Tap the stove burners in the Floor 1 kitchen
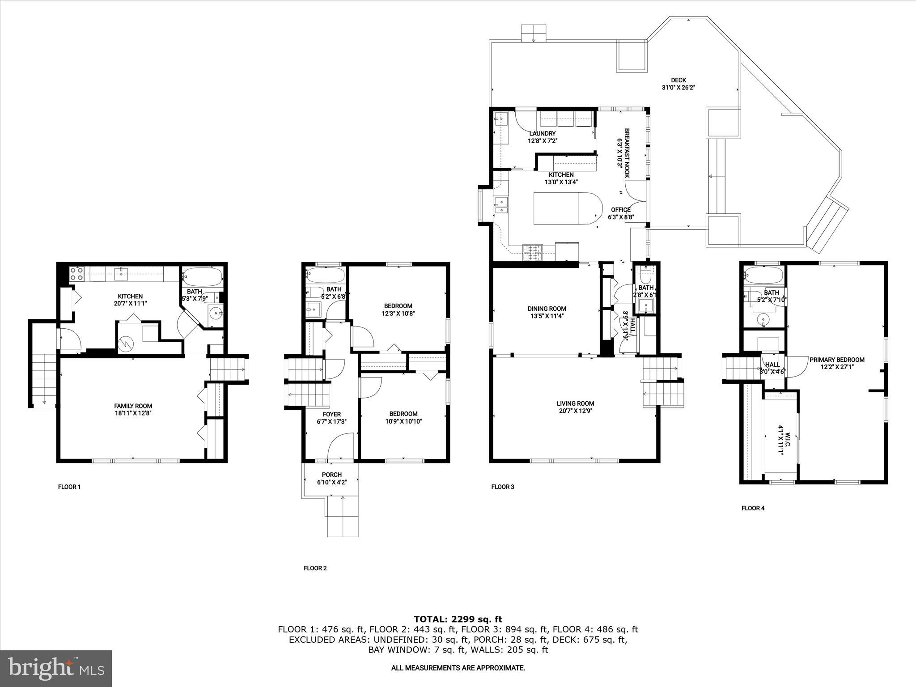click(x=76, y=273)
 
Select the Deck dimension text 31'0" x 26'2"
click(x=678, y=88)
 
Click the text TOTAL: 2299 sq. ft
click(x=458, y=619)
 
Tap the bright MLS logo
click(x=56, y=668)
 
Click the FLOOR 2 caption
click(x=315, y=568)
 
